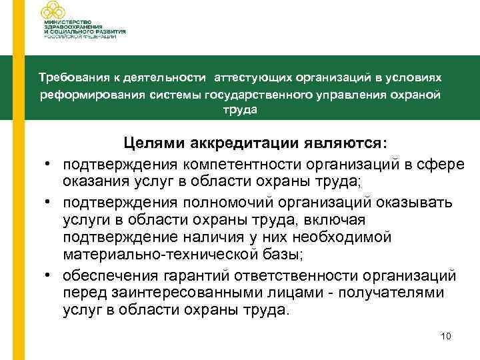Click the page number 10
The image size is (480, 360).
coord(446,336)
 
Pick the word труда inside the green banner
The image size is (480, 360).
coord(240,110)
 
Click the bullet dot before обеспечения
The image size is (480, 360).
coord(50,275)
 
